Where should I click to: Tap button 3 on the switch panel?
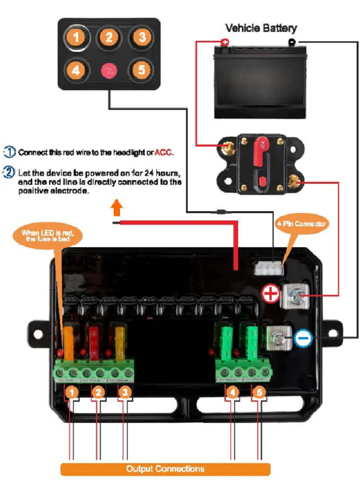140,37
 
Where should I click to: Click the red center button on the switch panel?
108,71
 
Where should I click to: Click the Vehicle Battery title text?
261,28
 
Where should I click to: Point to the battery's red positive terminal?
225,43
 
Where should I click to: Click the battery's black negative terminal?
291,42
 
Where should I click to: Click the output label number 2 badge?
98,393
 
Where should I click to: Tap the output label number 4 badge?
233,393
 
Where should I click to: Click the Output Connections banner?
165,468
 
